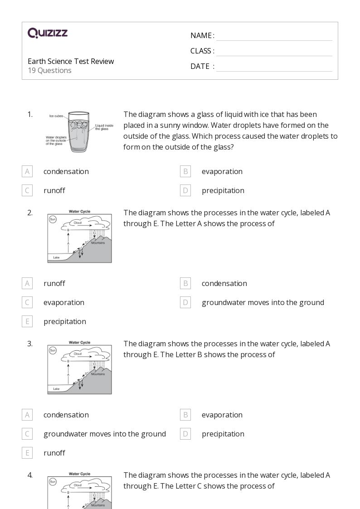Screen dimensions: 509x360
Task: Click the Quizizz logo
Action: [48, 33]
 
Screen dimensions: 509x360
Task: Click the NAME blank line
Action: [274, 36]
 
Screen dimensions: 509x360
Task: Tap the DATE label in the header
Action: [200, 66]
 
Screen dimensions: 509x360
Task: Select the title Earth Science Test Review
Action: [71, 61]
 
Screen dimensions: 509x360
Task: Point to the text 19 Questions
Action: [49, 70]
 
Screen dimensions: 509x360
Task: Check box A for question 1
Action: [27, 171]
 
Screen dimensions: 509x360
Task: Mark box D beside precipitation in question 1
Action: [185, 190]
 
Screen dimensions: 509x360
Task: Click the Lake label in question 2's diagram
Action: [56, 257]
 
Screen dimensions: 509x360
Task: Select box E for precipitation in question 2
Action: [27, 321]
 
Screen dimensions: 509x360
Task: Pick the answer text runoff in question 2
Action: [54, 283]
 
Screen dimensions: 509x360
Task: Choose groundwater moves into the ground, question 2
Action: [263, 302]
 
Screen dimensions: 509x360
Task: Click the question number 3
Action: [30, 344]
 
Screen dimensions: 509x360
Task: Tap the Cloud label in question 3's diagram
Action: [78, 354]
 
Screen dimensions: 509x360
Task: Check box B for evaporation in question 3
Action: [185, 415]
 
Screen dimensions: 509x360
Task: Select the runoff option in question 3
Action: [54, 453]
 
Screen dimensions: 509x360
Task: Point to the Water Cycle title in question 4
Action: [79, 474]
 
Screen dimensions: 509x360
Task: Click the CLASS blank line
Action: [274, 52]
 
